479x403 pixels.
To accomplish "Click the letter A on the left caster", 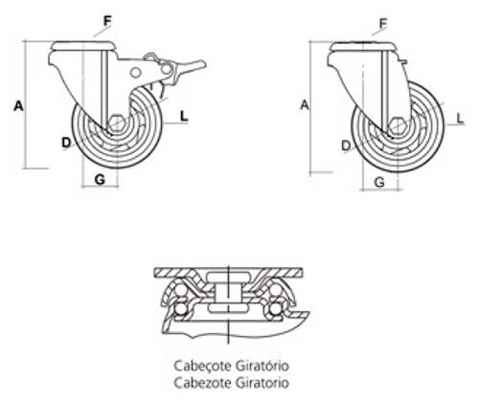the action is (x=18, y=106).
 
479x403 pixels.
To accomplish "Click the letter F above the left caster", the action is (x=107, y=21).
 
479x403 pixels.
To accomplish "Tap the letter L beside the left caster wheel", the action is (x=184, y=116).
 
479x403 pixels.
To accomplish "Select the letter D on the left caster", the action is (x=66, y=143).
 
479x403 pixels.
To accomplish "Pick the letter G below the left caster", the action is (x=100, y=180).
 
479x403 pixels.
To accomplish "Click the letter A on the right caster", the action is (x=305, y=104).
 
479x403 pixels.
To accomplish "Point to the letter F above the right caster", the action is (x=383, y=23).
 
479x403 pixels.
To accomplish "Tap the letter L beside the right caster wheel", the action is (x=460, y=119).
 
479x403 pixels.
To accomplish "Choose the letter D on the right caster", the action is (x=346, y=146).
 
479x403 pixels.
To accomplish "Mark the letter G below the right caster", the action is (x=379, y=182).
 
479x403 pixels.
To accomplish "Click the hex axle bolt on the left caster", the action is (x=116, y=123).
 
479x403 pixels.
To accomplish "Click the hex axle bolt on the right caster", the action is (x=396, y=125).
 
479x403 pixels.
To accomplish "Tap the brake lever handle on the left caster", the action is (x=191, y=65).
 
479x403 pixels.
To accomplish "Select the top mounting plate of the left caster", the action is (x=82, y=46).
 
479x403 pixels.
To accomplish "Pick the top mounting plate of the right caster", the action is (x=363, y=47).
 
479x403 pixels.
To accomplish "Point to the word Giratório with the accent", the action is (x=262, y=366).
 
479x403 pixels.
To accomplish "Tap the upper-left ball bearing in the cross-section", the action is (x=181, y=291).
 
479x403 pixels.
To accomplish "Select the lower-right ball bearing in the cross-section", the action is (x=275, y=309).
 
